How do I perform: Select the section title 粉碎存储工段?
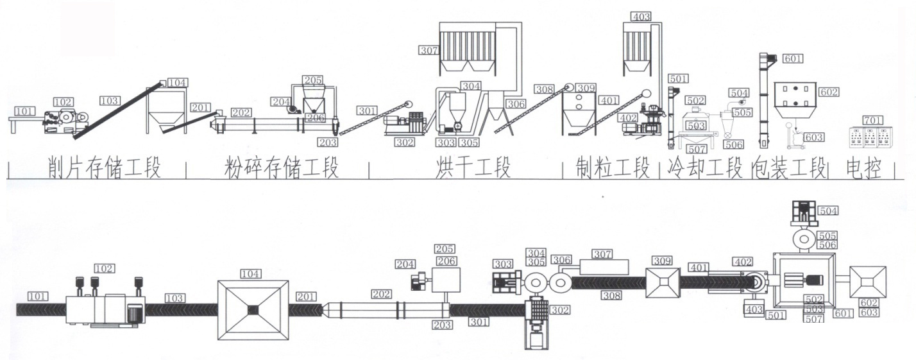click(x=281, y=169)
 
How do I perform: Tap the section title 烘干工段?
click(x=473, y=169)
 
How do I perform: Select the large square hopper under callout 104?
click(x=253, y=310)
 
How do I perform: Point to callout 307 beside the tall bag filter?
click(x=428, y=49)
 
